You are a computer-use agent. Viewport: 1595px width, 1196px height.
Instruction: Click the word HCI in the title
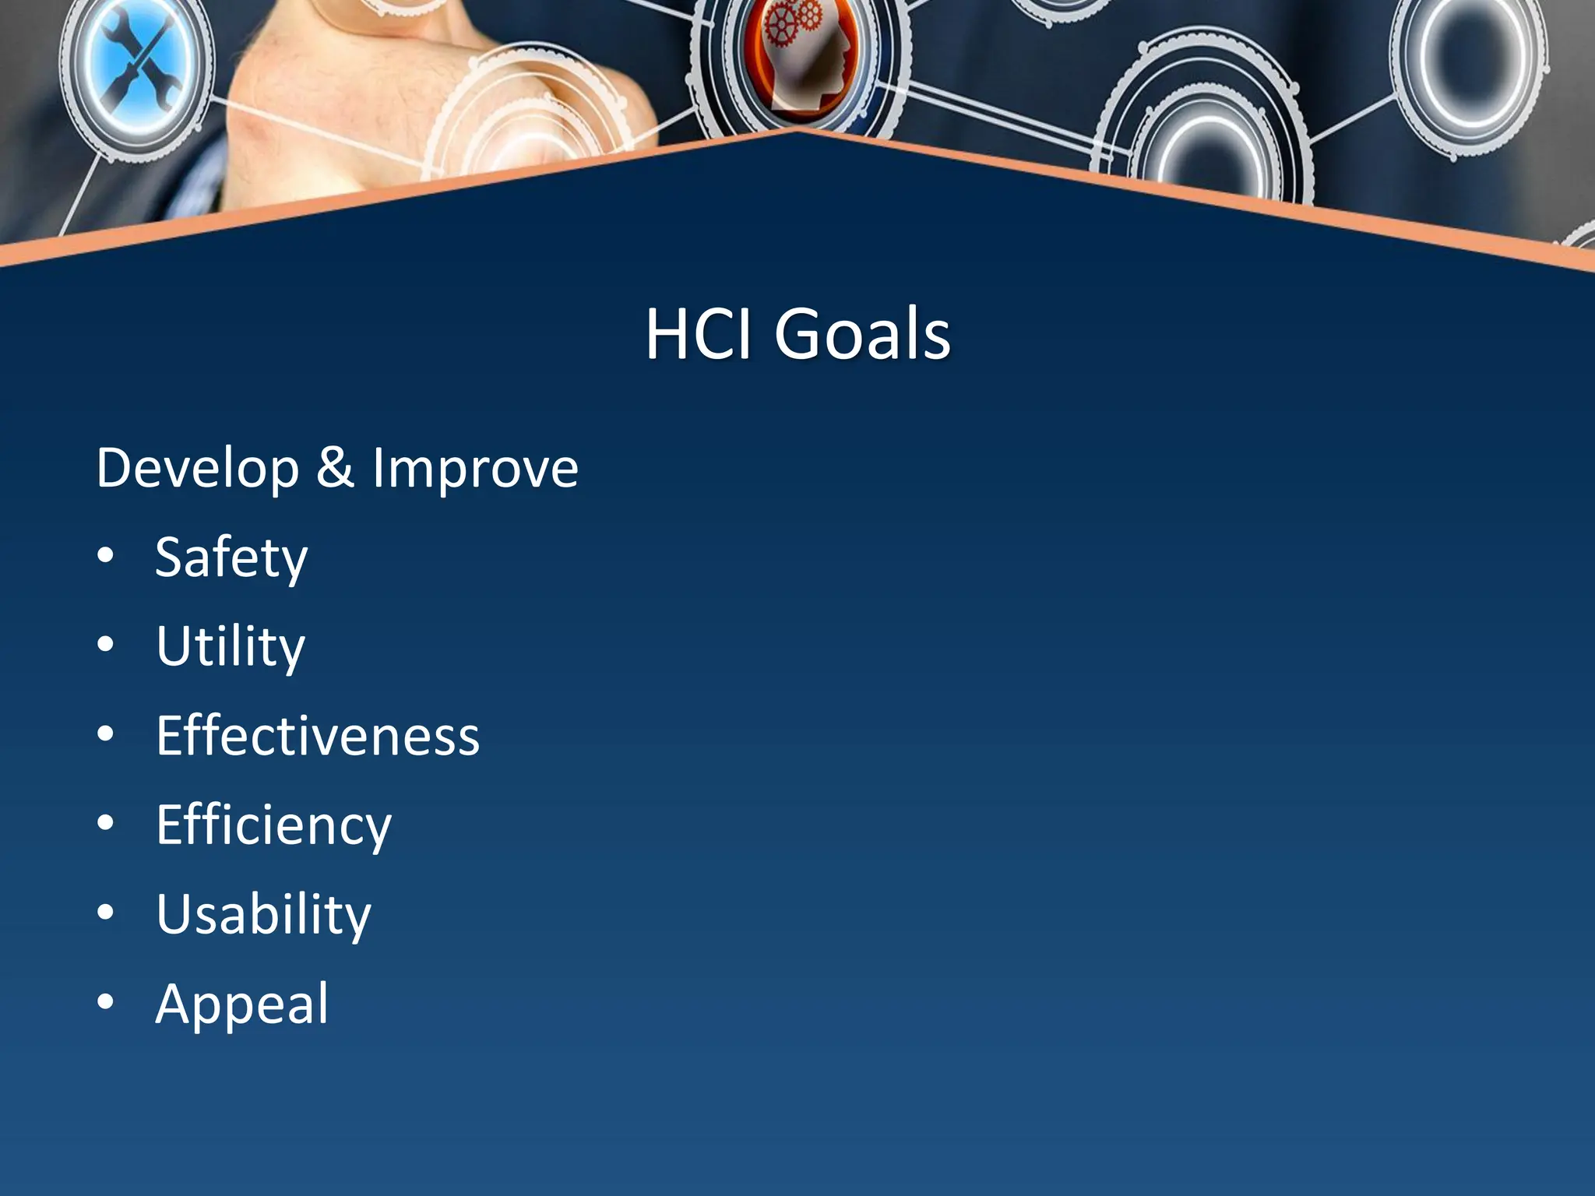[x=698, y=335]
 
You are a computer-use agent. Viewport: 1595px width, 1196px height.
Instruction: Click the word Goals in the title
[x=862, y=335]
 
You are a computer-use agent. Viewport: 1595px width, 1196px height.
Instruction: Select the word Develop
[x=198, y=470]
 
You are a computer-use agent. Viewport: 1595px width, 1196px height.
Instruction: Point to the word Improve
[x=475, y=470]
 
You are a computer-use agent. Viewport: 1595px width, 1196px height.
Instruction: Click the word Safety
[x=231, y=558]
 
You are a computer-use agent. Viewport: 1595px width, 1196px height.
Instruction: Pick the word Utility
[x=231, y=647]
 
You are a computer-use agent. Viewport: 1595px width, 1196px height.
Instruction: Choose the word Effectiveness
[x=318, y=736]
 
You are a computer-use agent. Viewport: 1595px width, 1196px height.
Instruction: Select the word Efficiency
[x=273, y=825]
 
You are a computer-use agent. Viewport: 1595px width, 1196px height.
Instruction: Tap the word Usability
[x=263, y=914]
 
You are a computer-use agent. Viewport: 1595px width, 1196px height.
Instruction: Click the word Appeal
[x=242, y=1004]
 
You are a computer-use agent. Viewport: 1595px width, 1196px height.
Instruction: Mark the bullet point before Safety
[x=106, y=556]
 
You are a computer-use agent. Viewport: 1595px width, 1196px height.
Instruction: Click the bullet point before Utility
[x=106, y=645]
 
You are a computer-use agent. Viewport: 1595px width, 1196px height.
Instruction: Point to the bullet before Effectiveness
[x=106, y=733]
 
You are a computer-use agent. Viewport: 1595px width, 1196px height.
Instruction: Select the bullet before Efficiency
[x=106, y=822]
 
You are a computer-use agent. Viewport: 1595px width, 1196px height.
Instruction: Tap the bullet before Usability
[x=106, y=912]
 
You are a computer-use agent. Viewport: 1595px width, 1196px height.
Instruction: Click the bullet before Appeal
[x=106, y=1001]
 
